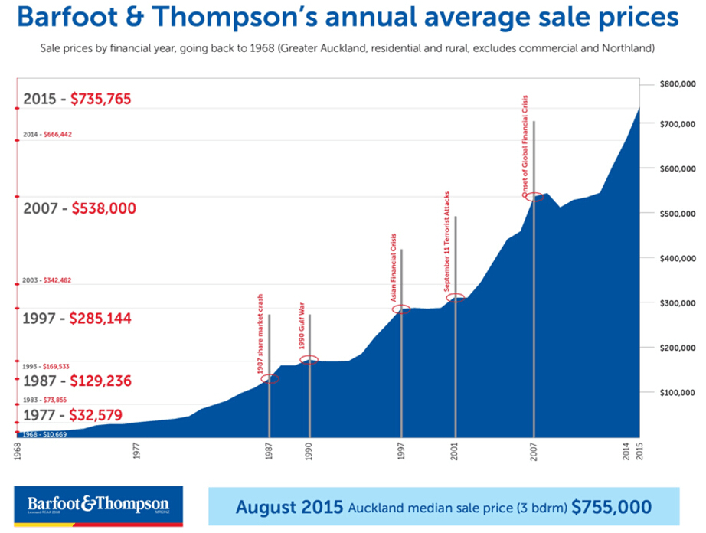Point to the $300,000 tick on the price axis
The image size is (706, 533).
pyautogui.click(x=676, y=303)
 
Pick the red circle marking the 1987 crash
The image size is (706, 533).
pyautogui.click(x=270, y=378)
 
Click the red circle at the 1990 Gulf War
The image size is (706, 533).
pyautogui.click(x=309, y=359)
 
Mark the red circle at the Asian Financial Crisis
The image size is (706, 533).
pyautogui.click(x=401, y=309)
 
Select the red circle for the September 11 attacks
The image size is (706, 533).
pyautogui.click(x=456, y=298)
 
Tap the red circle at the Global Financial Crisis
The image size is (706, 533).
pyautogui.click(x=534, y=197)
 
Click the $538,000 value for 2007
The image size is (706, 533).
pyautogui.click(x=103, y=208)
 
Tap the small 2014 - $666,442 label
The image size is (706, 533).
pyautogui.click(x=47, y=134)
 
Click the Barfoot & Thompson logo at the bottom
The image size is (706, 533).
pyautogui.click(x=98, y=506)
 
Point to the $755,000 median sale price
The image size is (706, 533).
pyautogui.click(x=612, y=507)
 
